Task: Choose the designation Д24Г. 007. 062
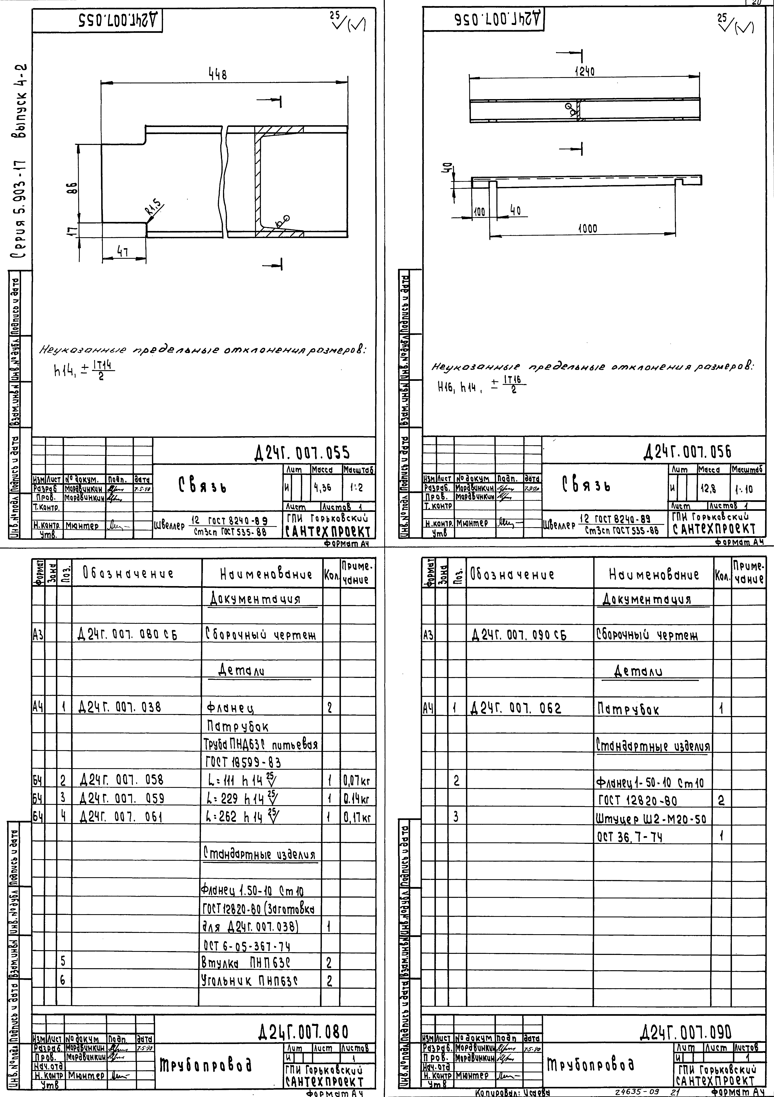[x=516, y=708]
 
